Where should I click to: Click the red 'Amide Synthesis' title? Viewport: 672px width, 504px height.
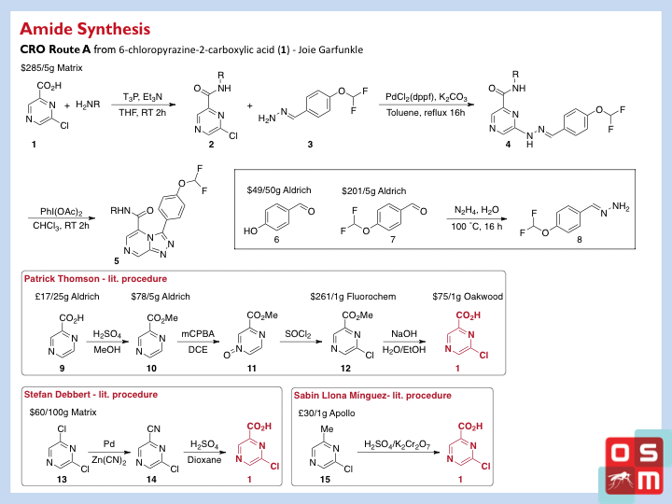[85, 29]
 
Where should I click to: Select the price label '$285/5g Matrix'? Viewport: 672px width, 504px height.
[51, 68]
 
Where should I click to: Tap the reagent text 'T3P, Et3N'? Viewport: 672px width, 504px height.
[143, 97]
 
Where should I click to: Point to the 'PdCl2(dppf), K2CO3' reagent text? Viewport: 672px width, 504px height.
[426, 97]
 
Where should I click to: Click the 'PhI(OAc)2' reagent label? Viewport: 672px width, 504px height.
[61, 212]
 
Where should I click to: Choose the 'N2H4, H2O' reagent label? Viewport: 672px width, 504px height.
[477, 210]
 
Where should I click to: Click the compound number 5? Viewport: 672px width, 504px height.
[116, 260]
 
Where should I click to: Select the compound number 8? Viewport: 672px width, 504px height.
[580, 240]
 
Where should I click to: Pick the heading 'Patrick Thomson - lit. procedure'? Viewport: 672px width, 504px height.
[95, 279]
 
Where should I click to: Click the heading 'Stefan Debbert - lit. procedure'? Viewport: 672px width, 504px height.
[91, 395]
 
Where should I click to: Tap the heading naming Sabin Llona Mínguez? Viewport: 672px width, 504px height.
[372, 396]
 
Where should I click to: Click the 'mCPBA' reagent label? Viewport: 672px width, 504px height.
[198, 334]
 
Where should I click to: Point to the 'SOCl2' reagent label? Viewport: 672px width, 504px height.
[298, 334]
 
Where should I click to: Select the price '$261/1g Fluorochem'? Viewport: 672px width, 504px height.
[353, 297]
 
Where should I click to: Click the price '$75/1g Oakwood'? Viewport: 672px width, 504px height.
[468, 297]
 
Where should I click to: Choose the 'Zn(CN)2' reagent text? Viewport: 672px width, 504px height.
[109, 461]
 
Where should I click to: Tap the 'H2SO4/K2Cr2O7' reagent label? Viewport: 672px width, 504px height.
[398, 444]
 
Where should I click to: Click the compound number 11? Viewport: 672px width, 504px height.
[252, 369]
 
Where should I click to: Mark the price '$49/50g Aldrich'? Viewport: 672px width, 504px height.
[279, 190]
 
